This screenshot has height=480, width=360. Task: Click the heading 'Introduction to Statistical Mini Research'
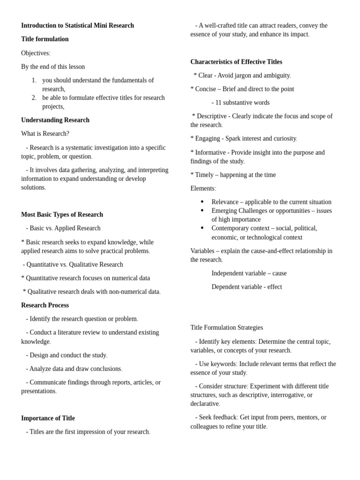77,25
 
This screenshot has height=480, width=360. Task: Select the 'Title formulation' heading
45,39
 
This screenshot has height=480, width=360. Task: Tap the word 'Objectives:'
36,53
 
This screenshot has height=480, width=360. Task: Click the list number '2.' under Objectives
34,97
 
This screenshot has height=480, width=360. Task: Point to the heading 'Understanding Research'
55,120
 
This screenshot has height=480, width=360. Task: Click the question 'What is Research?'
45,134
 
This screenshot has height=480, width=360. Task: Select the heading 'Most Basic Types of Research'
62,215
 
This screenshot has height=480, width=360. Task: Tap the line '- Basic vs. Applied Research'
63,228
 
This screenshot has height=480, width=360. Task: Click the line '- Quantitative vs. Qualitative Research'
73,264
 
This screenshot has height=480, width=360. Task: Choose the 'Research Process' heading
45,305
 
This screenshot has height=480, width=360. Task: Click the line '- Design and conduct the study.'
67,355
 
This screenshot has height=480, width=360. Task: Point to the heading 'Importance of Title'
48,418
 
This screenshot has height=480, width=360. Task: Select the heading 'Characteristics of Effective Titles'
236,62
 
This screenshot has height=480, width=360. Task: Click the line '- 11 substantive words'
240,102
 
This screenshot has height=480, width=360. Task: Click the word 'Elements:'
203,188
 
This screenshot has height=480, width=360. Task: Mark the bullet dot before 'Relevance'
202,202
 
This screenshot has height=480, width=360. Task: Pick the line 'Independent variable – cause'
249,273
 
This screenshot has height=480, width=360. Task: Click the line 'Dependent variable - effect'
247,287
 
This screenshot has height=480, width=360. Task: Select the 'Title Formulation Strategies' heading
226,328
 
